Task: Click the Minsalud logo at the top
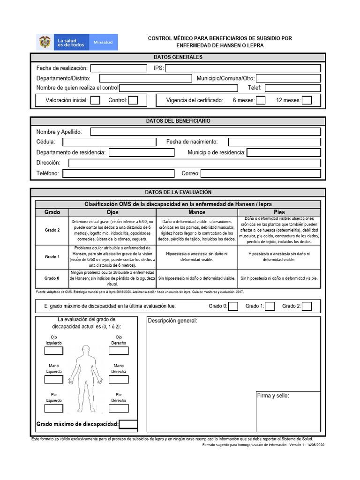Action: click(77, 42)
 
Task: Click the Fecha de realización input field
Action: click(119, 68)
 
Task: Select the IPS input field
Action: click(243, 68)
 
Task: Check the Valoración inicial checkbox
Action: click(95, 100)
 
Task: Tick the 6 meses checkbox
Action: click(261, 100)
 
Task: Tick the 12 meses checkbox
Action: click(307, 100)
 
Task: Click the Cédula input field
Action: click(109, 142)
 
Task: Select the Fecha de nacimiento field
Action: click(274, 142)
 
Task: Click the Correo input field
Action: click(261, 174)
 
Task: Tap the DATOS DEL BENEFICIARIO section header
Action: click(178, 121)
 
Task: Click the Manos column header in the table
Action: click(197, 212)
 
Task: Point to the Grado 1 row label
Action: click(52, 257)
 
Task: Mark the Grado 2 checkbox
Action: click(307, 307)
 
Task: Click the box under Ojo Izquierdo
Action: click(53, 351)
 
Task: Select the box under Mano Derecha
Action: click(119, 379)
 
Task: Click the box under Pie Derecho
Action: click(119, 408)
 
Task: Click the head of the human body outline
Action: click(86, 349)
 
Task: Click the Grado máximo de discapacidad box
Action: click(128, 425)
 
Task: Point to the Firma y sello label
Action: click(273, 396)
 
